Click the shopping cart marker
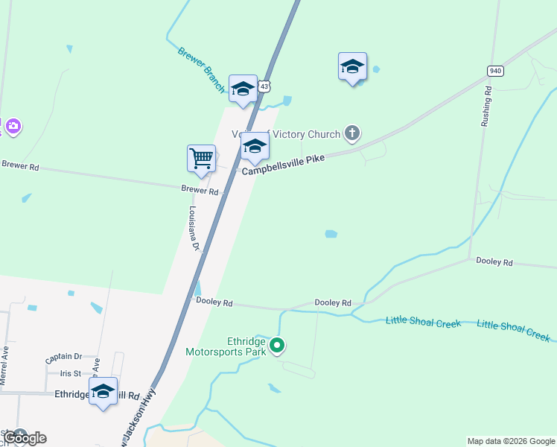click(x=201, y=159)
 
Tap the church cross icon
click(x=352, y=134)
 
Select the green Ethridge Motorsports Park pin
click(x=277, y=345)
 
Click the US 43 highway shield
click(x=264, y=87)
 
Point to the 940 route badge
click(x=495, y=71)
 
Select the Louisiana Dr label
click(x=195, y=227)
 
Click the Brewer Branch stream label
click(x=201, y=70)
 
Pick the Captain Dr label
click(x=63, y=358)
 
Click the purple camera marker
click(x=12, y=126)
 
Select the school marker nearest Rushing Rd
click(x=352, y=67)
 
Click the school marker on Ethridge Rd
click(x=103, y=391)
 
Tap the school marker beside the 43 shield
click(x=243, y=89)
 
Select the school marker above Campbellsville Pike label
click(x=255, y=147)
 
